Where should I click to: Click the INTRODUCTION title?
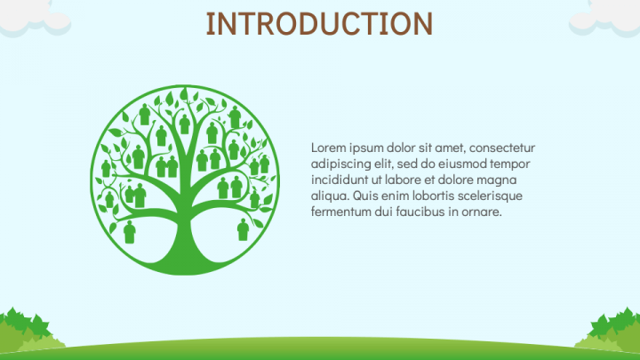[x=319, y=23]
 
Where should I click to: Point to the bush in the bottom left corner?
[x=27, y=331]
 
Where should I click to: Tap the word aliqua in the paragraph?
[x=329, y=196]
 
